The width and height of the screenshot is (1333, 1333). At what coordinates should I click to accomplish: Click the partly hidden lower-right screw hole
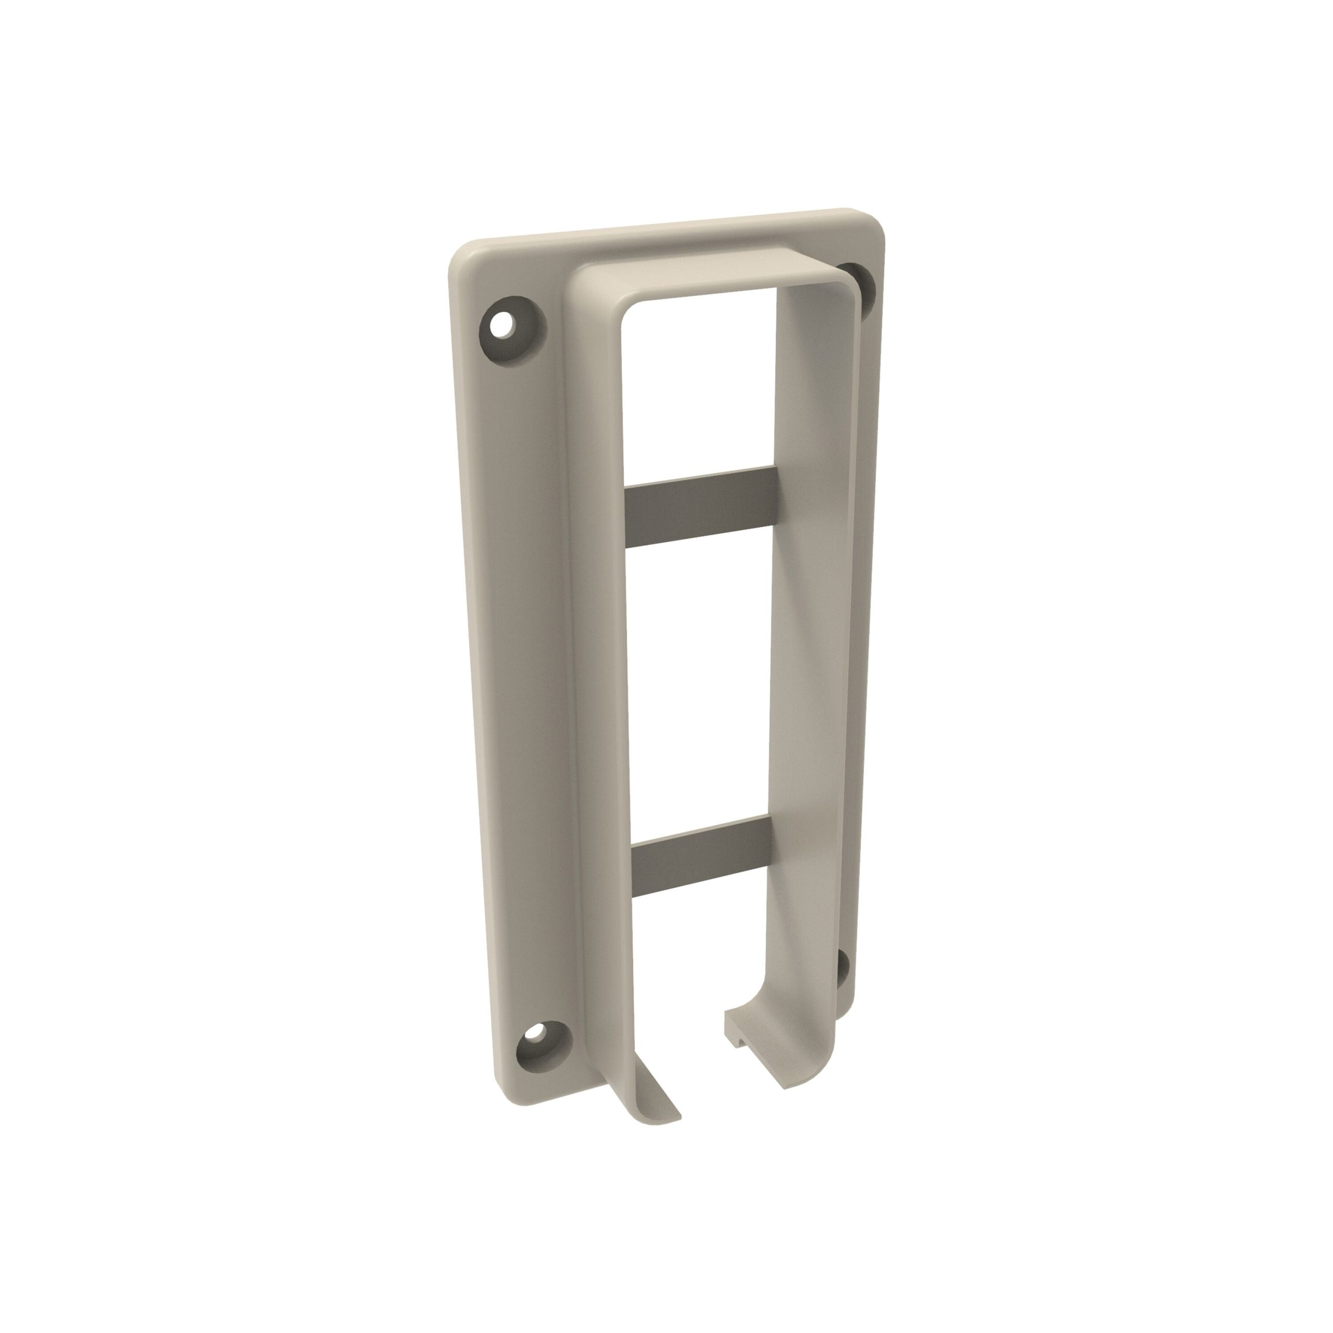coord(842,970)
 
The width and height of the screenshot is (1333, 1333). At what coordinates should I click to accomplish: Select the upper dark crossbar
coord(700,507)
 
